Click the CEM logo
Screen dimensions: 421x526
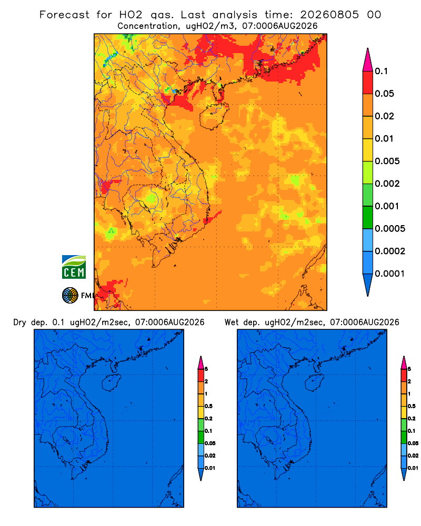point(74,267)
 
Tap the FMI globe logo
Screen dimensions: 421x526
point(70,296)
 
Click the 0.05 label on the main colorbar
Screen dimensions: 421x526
point(384,94)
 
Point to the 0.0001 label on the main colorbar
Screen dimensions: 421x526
point(390,274)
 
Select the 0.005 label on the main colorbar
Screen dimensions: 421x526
point(387,161)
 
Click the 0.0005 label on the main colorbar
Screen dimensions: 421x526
point(390,229)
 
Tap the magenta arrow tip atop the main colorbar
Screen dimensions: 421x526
point(368,60)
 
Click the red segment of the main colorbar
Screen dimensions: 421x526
point(368,83)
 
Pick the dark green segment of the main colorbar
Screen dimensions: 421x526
point(368,217)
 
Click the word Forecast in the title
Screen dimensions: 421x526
point(64,15)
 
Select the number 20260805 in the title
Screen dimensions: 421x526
point(329,15)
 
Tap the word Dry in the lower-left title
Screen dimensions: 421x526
point(19,323)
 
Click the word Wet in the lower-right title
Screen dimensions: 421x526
point(231,322)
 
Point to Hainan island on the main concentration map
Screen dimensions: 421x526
point(214,116)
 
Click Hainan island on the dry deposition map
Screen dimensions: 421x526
point(111,383)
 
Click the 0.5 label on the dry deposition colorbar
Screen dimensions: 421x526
point(208,406)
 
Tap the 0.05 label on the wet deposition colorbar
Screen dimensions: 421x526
point(413,443)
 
